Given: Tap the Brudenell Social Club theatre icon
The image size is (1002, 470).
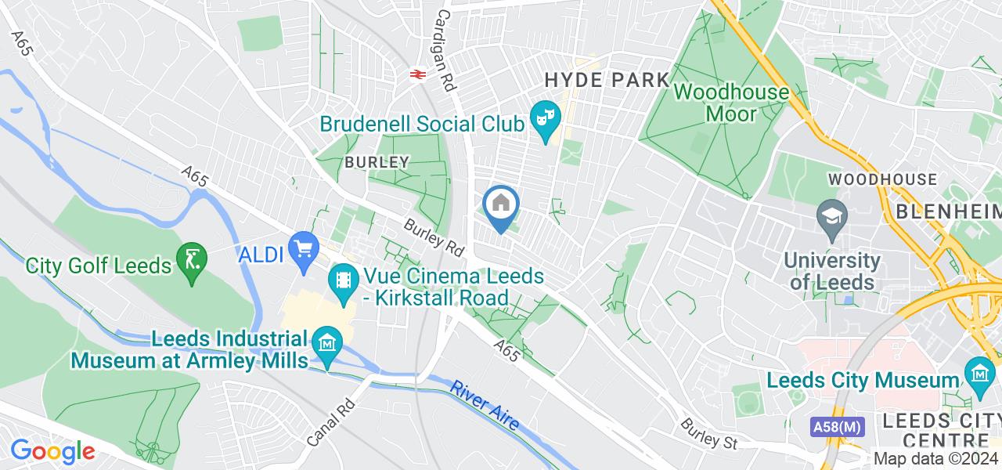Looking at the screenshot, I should pos(545,119).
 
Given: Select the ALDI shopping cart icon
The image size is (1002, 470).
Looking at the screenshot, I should pos(303,251).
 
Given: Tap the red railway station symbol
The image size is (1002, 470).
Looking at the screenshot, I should pos(416,74).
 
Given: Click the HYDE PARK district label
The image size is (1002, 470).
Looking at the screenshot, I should pos(607,80).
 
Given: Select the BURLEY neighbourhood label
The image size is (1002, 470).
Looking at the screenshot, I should pos(377,162).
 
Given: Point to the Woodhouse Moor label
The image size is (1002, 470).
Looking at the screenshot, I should pos(731,103).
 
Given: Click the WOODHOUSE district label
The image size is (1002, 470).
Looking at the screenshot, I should pos(882,179).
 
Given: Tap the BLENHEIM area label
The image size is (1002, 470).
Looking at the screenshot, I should pos(948,211).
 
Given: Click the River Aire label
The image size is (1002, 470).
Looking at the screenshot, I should pos(485,404).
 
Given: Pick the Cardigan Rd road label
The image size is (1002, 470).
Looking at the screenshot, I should pos(445,50).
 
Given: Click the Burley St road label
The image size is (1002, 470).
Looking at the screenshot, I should pos(709,433).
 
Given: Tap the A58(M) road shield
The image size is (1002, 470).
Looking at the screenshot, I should pos(837,427).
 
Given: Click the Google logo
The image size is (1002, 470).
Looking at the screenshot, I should pos(52,451).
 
